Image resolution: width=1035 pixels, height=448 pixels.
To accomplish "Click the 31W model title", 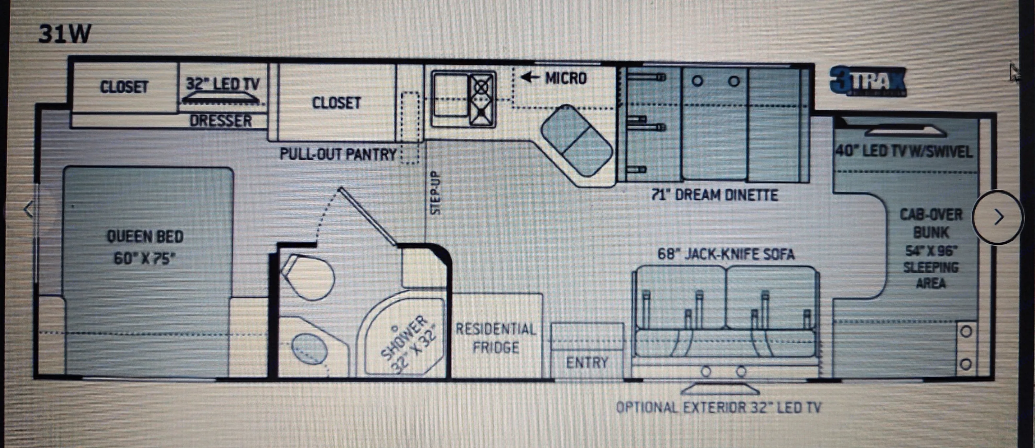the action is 65,34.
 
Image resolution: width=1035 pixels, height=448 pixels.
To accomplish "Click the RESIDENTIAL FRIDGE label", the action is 496,338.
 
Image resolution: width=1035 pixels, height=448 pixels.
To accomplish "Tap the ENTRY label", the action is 587,363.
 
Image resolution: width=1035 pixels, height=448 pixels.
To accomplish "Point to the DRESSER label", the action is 221,121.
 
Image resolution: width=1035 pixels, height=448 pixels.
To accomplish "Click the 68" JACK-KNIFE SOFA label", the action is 726,254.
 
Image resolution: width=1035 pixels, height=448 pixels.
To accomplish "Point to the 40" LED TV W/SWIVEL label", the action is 905,152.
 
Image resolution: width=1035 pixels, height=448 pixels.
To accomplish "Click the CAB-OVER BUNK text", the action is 931,223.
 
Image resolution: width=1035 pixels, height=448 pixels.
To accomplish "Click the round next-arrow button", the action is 998,217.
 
